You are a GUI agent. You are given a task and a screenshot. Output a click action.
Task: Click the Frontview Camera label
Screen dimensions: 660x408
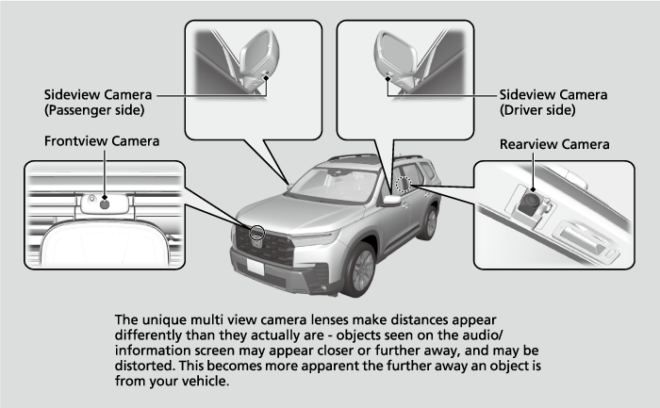(102, 141)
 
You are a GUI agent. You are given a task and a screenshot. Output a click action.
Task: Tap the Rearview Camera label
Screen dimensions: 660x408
(554, 144)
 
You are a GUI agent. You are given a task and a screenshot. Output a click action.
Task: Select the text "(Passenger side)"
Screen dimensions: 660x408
(94, 110)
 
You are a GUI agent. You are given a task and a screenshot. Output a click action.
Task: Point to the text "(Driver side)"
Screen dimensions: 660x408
(537, 110)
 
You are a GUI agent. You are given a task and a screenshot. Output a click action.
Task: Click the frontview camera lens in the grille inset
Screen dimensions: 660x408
(105, 204)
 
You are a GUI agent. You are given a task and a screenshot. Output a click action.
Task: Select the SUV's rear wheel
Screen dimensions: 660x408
(431, 223)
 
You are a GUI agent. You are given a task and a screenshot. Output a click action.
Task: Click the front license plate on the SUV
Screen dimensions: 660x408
(256, 267)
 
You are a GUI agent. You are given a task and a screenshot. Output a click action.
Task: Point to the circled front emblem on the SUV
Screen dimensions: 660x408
(256, 233)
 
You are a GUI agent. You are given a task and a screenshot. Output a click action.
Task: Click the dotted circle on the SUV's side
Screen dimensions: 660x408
(404, 184)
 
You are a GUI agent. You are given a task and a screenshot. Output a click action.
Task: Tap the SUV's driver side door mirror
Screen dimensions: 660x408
(392, 200)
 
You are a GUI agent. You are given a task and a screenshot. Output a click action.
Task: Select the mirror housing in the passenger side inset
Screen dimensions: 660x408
(259, 54)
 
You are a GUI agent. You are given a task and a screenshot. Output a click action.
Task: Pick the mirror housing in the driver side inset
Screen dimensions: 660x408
(395, 54)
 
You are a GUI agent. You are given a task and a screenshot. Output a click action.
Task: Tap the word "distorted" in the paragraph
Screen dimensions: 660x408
(144, 366)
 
